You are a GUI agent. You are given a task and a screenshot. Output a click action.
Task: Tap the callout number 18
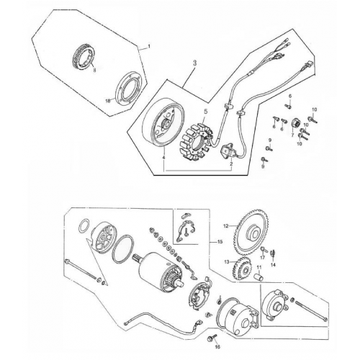pyautogui.click(x=109, y=102)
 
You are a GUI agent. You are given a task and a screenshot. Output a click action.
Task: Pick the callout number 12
pyautogui.click(x=225, y=226)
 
